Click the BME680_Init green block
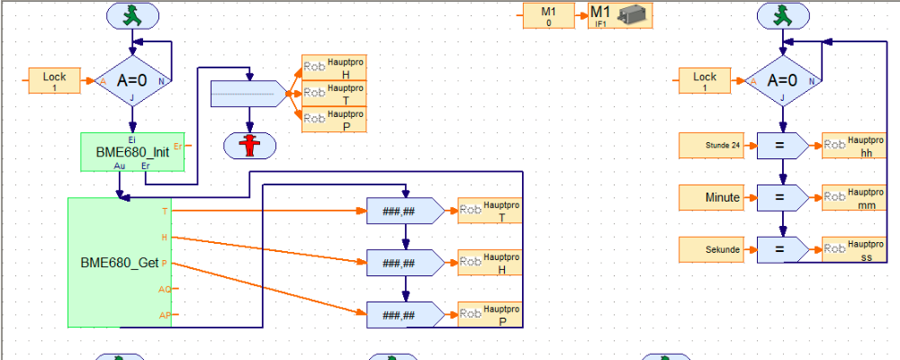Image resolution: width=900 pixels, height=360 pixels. point(132,152)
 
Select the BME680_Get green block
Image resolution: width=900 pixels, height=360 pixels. point(119,262)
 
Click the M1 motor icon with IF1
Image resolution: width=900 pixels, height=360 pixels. point(619,15)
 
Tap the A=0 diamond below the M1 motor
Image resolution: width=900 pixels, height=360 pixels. point(782,81)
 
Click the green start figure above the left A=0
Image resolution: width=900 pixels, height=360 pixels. point(132,15)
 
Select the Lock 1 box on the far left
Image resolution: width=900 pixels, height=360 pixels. point(55,81)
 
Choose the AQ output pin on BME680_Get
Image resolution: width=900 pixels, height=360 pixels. point(166,289)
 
